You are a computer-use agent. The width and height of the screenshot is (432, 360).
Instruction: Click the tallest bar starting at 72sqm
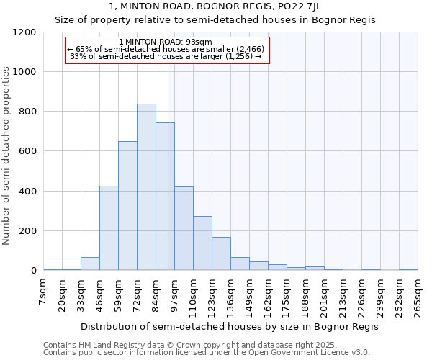(x=146, y=187)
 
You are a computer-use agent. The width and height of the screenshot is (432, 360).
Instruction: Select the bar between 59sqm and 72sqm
(x=127, y=206)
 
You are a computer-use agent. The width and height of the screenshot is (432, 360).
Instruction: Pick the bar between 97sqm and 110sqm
(x=184, y=228)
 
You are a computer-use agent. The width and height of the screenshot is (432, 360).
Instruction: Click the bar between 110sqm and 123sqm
(x=202, y=243)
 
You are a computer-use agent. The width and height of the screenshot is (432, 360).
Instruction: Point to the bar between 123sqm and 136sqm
(x=221, y=253)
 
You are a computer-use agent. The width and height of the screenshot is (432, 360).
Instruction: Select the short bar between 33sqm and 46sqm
(x=90, y=264)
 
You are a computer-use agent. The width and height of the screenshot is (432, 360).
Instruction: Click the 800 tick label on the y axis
(x=27, y=112)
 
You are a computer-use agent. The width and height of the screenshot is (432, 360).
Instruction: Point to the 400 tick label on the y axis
(x=27, y=192)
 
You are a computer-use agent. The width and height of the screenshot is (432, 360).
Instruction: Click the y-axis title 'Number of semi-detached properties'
(x=7, y=151)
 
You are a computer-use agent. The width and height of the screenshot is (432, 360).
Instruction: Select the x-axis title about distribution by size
(x=229, y=326)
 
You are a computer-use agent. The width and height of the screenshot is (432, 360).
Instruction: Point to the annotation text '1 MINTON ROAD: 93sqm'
(x=166, y=42)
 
